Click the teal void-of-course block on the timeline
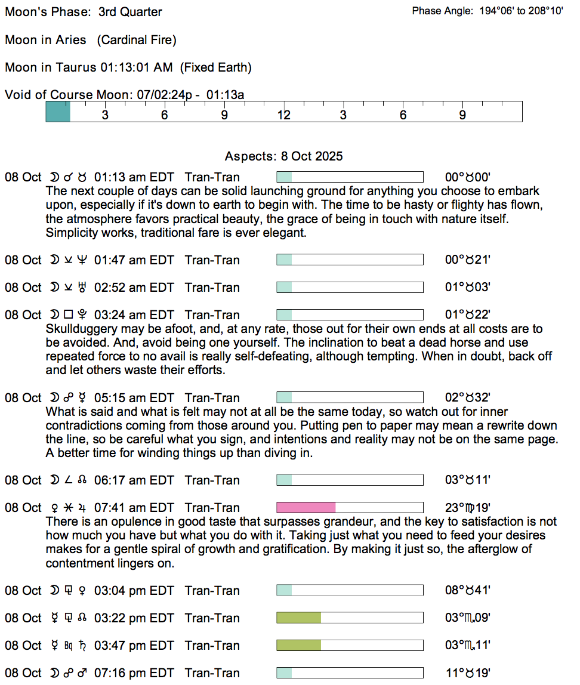click(58, 112)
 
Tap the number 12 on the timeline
click(283, 115)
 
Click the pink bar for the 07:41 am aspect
click(306, 508)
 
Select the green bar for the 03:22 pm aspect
click(298, 618)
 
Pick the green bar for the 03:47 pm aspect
click(298, 646)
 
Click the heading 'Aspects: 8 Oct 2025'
click(283, 156)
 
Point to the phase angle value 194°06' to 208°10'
click(521, 11)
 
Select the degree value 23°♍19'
click(468, 508)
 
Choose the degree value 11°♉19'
click(468, 673)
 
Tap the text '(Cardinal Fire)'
click(136, 40)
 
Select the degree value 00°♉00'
click(468, 177)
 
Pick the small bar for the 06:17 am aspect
click(284, 480)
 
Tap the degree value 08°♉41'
click(468, 591)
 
